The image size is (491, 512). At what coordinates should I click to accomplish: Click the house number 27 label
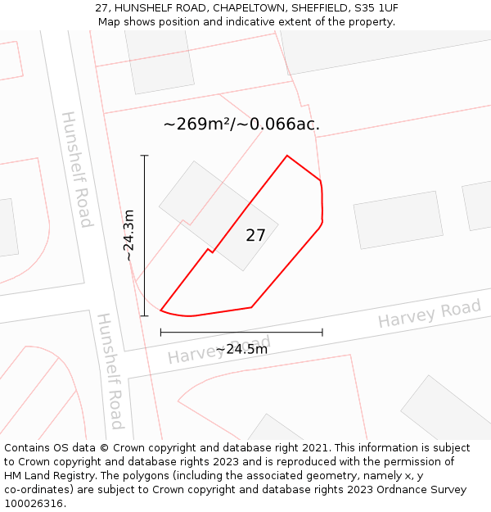pos(255,236)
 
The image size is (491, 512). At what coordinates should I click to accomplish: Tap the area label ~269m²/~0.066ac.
pos(241,125)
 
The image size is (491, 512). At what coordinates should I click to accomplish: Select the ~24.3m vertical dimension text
pos(129,235)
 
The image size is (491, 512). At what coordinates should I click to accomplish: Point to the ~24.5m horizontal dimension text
pos(241,349)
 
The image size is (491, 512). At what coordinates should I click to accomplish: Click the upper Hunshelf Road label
pos(75,169)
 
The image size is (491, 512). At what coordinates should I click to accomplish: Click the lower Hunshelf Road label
pos(110,370)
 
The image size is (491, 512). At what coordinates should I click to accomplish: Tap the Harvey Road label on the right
pos(429,314)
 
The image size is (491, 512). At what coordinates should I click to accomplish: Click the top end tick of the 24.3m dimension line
pos(144,156)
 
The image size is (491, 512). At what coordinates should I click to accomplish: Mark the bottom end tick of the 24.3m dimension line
pos(144,315)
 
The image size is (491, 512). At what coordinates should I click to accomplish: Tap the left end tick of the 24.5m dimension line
pos(161,332)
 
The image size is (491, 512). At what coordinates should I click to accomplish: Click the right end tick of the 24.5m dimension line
pos(322,332)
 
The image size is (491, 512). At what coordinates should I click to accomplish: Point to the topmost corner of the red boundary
pos(287,156)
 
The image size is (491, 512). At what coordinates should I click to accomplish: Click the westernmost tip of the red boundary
pos(161,310)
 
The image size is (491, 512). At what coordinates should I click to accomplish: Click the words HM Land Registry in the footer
pos(48,475)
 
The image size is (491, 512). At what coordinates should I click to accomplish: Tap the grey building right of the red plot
pos(398,220)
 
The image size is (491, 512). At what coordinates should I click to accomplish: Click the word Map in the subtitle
pos(110,22)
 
